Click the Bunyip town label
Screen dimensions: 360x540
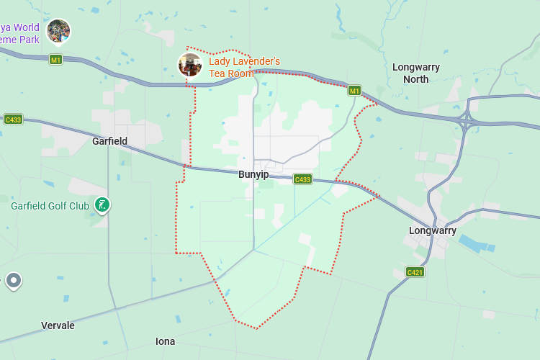[x=253, y=174]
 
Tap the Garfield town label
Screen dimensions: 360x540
[x=109, y=141]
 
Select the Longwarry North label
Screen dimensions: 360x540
[x=415, y=73]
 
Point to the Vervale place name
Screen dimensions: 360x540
[x=58, y=325]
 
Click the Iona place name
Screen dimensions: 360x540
[x=165, y=341]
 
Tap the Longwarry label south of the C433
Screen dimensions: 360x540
[x=432, y=230]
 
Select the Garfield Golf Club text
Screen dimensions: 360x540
[x=50, y=206]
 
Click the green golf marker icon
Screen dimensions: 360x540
[x=103, y=205]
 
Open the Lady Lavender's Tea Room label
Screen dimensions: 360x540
[x=243, y=68]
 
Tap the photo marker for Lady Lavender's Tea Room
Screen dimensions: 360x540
[x=190, y=65]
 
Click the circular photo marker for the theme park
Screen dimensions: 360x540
[x=58, y=31]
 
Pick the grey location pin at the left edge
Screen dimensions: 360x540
[x=14, y=280]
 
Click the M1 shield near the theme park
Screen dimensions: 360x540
[x=55, y=59]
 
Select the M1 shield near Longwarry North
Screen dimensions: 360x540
[x=354, y=91]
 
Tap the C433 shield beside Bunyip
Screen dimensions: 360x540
[x=302, y=179]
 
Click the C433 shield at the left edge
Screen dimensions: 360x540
[x=13, y=119]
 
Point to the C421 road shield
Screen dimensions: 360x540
[x=415, y=272]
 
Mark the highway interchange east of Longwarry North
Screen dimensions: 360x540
[x=466, y=120]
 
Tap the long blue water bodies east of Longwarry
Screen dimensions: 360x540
[x=475, y=243]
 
